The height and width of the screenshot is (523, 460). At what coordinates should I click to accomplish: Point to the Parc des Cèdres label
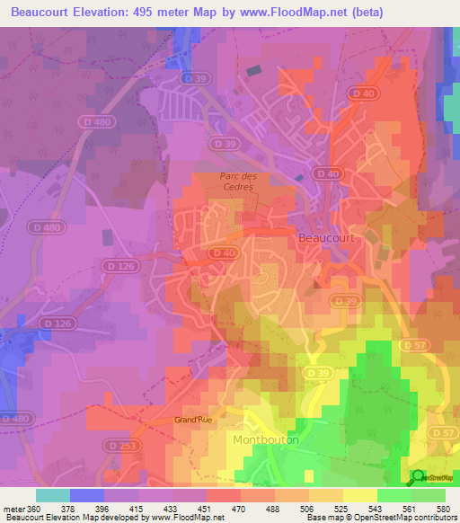point(238,182)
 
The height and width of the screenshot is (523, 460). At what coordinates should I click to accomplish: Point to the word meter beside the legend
point(13,508)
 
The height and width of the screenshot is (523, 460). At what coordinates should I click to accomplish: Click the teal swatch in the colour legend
point(52,495)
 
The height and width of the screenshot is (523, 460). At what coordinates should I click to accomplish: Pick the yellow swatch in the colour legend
point(359,495)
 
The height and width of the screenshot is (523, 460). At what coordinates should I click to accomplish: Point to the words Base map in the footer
point(323,518)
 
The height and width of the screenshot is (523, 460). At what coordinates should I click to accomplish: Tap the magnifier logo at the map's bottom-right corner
point(418,478)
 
